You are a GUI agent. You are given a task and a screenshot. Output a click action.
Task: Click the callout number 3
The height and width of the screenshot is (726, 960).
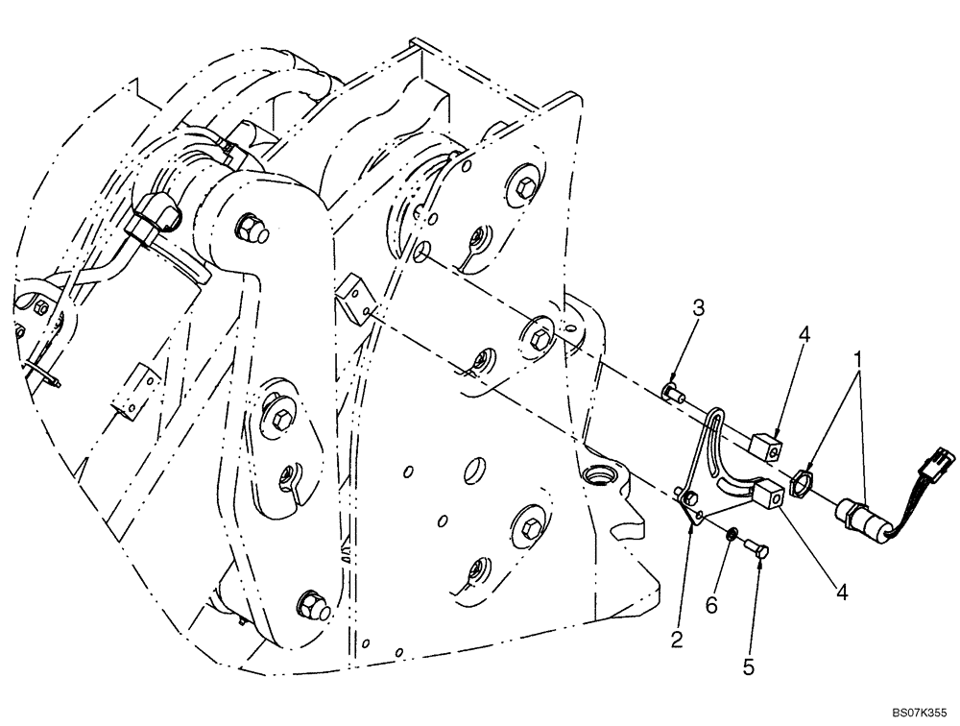tap(699, 308)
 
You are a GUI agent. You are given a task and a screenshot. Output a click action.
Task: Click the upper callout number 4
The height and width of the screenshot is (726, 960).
tap(804, 335)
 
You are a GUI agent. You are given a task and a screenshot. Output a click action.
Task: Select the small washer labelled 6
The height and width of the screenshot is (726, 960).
tap(732, 534)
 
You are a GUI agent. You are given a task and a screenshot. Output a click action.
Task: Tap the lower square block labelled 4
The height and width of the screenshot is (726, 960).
tap(768, 496)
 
